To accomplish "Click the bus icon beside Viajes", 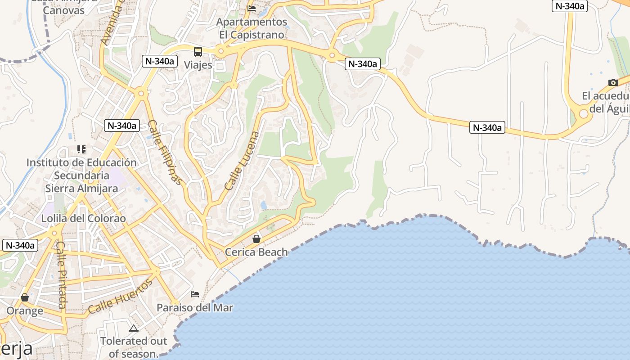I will [x=198, y=51].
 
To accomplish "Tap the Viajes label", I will [x=198, y=65].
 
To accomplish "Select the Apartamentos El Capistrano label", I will [x=252, y=28].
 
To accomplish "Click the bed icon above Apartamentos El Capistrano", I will [x=252, y=8].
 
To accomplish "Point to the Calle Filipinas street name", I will [x=166, y=153].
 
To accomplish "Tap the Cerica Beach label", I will [x=256, y=252].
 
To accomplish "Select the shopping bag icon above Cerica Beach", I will [x=256, y=238].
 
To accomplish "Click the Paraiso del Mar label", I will [x=195, y=308].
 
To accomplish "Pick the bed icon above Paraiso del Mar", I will [x=195, y=294].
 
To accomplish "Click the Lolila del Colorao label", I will [x=83, y=218].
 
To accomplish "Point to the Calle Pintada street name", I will [x=62, y=275].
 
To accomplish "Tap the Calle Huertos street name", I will [x=121, y=296].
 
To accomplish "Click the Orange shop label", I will [x=25, y=310].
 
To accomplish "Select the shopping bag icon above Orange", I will [x=25, y=297].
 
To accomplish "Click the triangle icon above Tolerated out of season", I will [x=133, y=328].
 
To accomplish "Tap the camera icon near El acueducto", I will [x=613, y=82].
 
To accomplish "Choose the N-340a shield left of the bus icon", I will [x=159, y=61].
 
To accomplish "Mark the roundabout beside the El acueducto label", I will [x=584, y=113].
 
